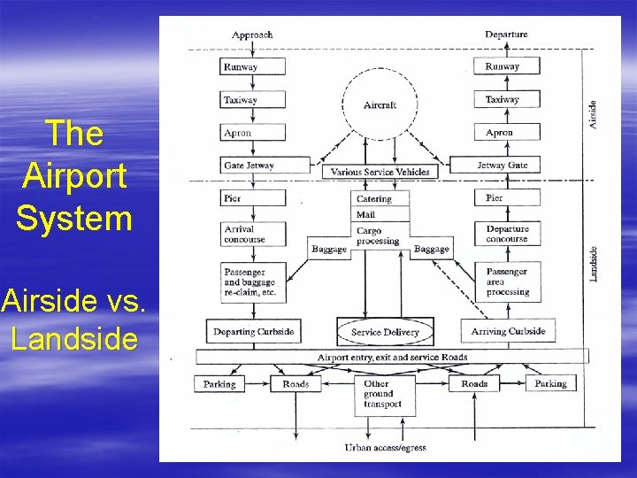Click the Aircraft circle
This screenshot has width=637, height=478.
(x=380, y=104)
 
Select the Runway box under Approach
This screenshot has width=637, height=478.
(x=252, y=66)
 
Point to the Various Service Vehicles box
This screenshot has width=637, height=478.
(x=380, y=172)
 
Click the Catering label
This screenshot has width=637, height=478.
(x=374, y=199)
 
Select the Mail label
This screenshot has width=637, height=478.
(x=366, y=214)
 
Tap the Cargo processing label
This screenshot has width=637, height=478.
(x=377, y=235)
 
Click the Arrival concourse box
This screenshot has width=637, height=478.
(x=252, y=234)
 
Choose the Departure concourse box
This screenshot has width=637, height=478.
(x=507, y=234)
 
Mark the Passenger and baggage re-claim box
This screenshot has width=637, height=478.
(x=252, y=281)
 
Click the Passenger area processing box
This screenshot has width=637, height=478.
(x=507, y=281)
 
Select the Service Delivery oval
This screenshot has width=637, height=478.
(x=385, y=332)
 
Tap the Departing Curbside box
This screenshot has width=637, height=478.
(x=253, y=332)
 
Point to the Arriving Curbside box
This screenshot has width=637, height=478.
(x=510, y=332)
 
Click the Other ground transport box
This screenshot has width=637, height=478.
(x=383, y=394)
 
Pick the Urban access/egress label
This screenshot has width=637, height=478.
(x=385, y=448)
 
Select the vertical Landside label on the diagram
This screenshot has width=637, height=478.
(x=594, y=261)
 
